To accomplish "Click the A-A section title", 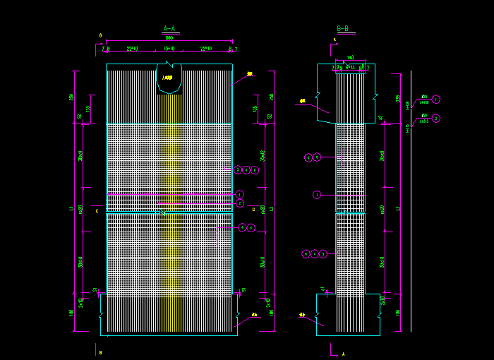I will (169, 29).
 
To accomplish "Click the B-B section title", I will (342, 29).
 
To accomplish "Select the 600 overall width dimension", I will (169, 38).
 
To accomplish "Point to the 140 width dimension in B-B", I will (350, 58).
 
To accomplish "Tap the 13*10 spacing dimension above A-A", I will (169, 49).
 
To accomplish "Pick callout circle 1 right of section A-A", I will (240, 194).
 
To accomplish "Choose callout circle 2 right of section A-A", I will (240, 203).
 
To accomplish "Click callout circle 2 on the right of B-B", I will (436, 119).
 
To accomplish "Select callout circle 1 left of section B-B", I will (317, 194).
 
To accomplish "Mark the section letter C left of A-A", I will (97, 210).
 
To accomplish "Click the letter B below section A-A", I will (100, 352).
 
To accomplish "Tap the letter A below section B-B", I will (343, 352).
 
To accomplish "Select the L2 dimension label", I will (272, 209).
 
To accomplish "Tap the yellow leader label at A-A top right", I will (250, 73).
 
